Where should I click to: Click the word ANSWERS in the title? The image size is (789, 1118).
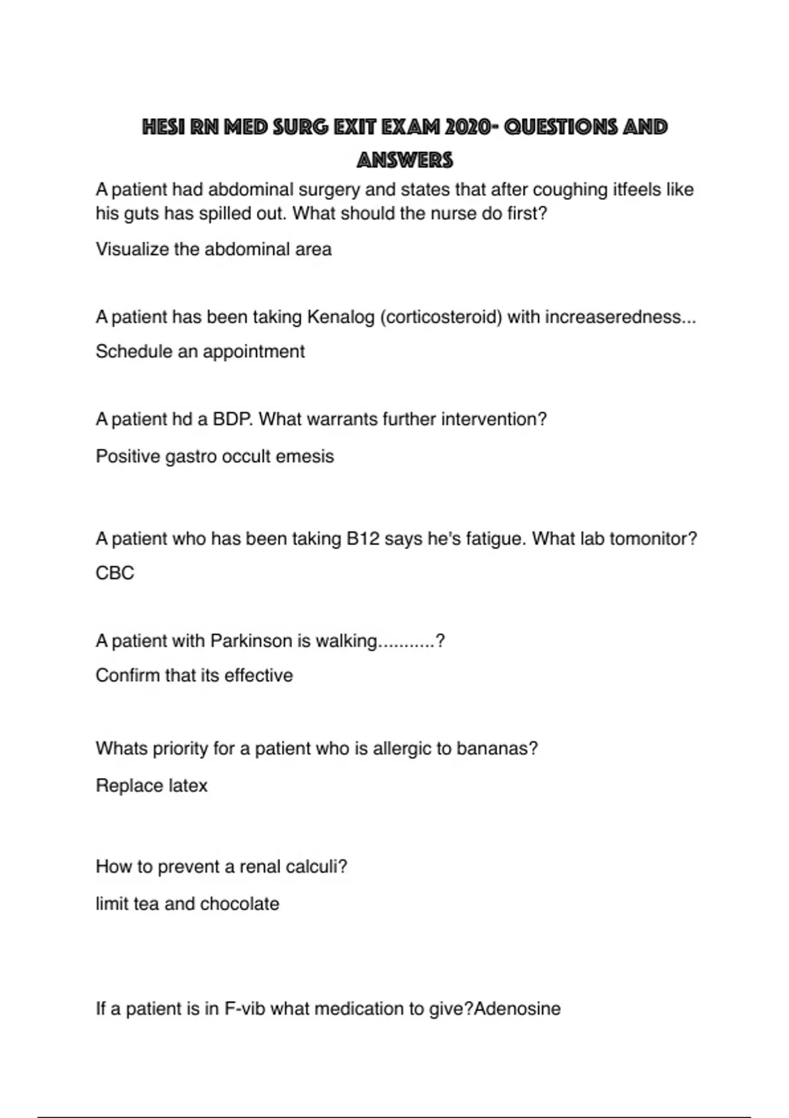point(404,160)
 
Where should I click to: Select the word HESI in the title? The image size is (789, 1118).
point(164,127)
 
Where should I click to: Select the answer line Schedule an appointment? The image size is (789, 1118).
point(200,351)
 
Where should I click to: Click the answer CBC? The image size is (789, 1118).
point(115,573)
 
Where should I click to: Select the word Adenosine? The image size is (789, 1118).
point(517,1009)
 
